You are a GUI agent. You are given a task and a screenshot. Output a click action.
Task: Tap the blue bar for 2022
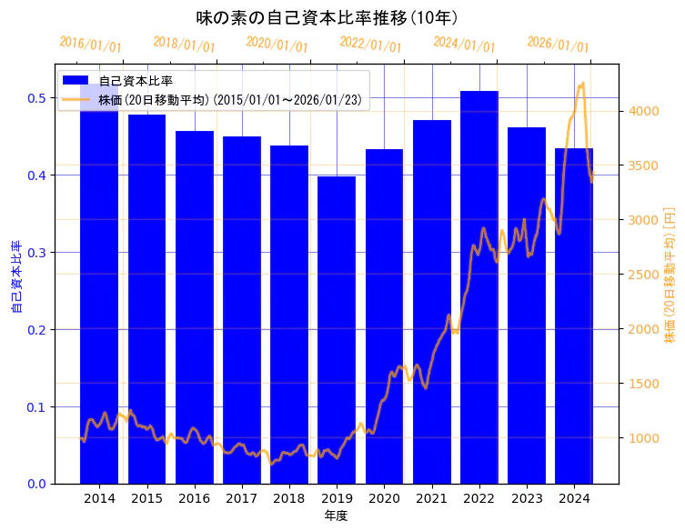[479, 287]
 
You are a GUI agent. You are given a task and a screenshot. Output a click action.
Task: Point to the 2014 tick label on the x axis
[99, 498]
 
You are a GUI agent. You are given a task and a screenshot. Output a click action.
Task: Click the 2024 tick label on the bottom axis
[574, 498]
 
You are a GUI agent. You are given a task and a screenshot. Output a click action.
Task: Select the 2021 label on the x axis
[431, 498]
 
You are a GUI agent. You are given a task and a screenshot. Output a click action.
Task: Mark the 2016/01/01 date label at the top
[90, 45]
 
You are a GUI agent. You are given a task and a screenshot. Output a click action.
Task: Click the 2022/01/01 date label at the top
[370, 45]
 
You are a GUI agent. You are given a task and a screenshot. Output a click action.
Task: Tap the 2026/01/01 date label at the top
[558, 45]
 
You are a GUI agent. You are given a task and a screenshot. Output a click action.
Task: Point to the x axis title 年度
[337, 516]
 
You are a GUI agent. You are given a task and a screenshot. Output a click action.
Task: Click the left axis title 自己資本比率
[15, 277]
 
